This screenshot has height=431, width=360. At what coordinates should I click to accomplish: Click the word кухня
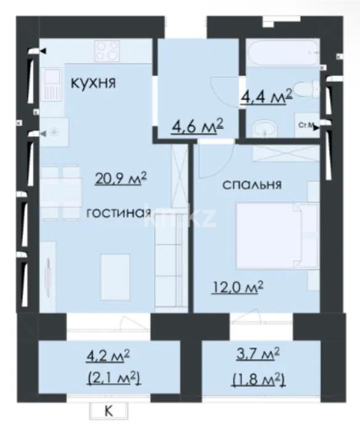(94, 83)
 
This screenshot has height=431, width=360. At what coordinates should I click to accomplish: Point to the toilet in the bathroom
(306, 89)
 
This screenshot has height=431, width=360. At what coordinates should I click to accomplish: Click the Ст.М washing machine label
(305, 126)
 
